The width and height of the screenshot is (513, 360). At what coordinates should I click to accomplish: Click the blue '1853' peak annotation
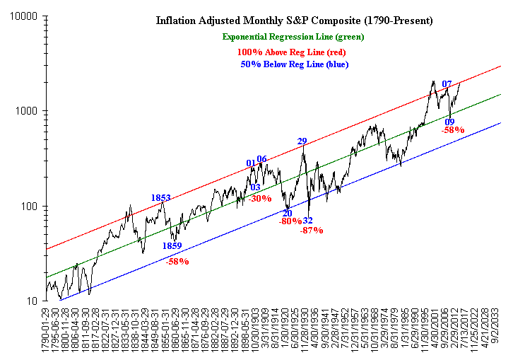coord(161,197)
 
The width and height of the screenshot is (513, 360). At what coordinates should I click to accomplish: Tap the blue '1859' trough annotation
coord(172,246)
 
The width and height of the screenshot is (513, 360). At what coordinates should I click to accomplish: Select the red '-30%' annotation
coord(260,199)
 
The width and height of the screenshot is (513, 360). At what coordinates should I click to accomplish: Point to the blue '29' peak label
coord(302,141)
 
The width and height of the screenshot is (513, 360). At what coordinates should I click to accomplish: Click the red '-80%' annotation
coord(290,221)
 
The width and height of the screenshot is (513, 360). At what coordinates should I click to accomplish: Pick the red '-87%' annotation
coord(311,230)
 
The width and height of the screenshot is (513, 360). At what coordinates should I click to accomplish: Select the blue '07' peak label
coord(447,84)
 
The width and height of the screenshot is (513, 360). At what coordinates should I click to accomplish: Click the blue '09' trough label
coord(449,122)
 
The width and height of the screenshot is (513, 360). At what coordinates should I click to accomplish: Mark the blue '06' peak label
coord(261,159)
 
